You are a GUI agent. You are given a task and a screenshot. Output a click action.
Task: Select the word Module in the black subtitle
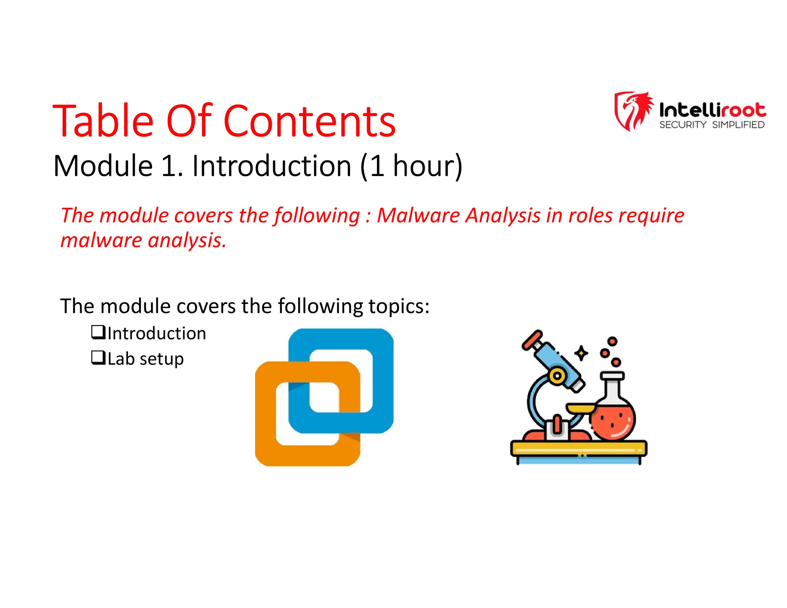point(103,166)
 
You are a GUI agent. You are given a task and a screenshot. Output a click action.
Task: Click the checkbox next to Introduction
point(98,332)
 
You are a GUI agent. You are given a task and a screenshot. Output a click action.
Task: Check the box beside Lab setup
point(98,358)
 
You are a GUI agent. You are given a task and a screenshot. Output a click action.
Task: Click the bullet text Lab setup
point(145,359)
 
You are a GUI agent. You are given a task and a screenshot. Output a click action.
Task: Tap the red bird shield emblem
point(633,111)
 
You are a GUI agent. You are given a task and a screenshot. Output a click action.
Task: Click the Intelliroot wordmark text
point(712,110)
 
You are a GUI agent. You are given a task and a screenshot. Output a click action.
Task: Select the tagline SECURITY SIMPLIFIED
point(712,125)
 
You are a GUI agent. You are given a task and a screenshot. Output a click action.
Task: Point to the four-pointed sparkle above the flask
point(581,353)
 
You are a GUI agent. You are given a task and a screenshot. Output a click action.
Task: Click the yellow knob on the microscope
point(557,375)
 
